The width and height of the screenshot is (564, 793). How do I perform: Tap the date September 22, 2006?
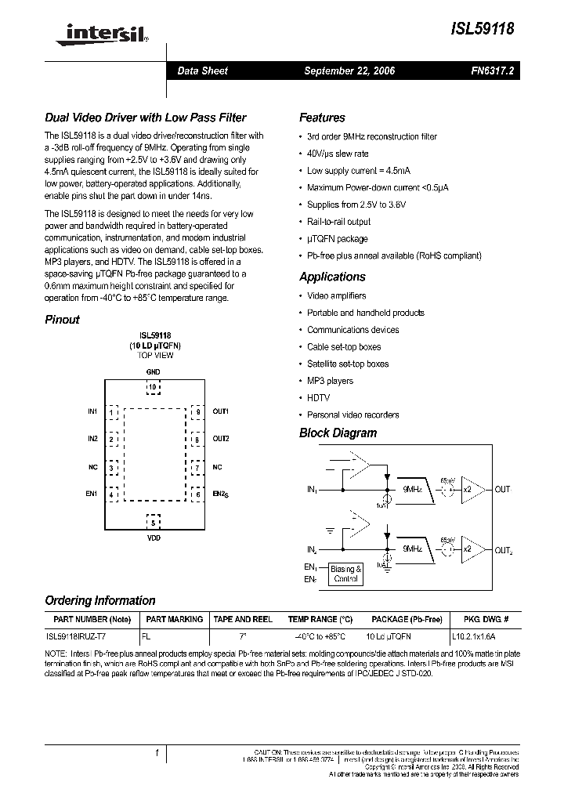coord(349,71)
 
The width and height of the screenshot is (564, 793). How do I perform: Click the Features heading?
coord(322,118)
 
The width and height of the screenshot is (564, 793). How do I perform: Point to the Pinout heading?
coord(62,320)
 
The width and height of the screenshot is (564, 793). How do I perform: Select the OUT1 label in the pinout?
coord(221,411)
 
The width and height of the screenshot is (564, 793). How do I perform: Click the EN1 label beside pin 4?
coord(92,494)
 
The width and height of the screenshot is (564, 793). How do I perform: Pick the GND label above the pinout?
coord(154,371)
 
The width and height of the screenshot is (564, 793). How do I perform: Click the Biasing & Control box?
coord(345,574)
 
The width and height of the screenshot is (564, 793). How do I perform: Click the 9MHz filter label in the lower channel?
coord(412,551)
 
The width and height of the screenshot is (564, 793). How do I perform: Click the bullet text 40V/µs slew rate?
coord(338,154)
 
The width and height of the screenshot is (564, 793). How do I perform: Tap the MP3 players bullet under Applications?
coord(330,381)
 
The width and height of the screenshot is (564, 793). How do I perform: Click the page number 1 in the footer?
coord(157,753)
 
